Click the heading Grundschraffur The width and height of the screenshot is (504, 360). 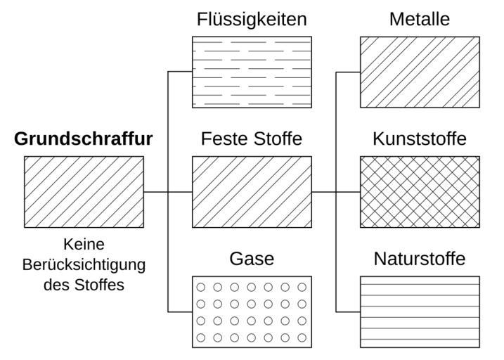[x=83, y=139]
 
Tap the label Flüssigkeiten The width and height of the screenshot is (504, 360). [x=252, y=19]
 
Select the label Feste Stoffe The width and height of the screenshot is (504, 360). [x=252, y=139]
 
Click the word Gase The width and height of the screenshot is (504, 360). [x=252, y=259]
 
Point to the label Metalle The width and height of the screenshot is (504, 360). [x=420, y=19]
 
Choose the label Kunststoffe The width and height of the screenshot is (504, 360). [x=420, y=139]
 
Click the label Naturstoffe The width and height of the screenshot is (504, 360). [x=420, y=259]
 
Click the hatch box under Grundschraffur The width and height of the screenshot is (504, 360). [x=84, y=192]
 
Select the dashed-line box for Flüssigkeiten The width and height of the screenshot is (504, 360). [x=252, y=72]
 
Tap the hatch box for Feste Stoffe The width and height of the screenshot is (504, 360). [x=252, y=192]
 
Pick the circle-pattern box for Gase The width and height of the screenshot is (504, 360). [x=252, y=311]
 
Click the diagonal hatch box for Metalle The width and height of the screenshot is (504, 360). [x=420, y=72]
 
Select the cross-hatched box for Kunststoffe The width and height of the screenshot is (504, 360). [x=420, y=192]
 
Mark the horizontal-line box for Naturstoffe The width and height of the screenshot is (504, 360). [x=420, y=311]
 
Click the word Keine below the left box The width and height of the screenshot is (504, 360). [x=84, y=245]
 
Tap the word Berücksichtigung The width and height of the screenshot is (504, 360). [x=84, y=265]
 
